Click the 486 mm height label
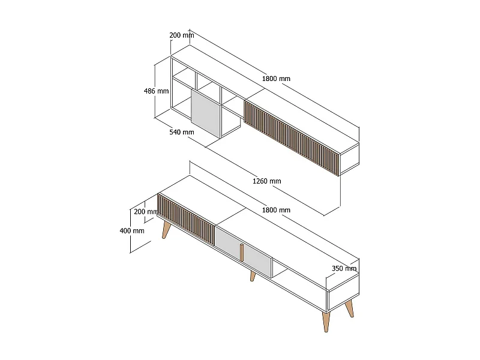pyautogui.click(x=156, y=91)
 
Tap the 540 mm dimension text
pyautogui.click(x=182, y=131)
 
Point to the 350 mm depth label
pyautogui.click(x=344, y=268)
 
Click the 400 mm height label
pyautogui.click(x=132, y=230)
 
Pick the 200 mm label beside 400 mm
pyautogui.click(x=146, y=212)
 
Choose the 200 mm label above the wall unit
pyautogui.click(x=182, y=35)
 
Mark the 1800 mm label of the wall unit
pyautogui.click(x=277, y=79)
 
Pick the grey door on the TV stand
pyautogui.click(x=243, y=250)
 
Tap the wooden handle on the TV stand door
pyautogui.click(x=242, y=253)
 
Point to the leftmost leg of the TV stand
pyautogui.click(x=166, y=230)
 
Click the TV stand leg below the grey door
pyautogui.click(x=253, y=276)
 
